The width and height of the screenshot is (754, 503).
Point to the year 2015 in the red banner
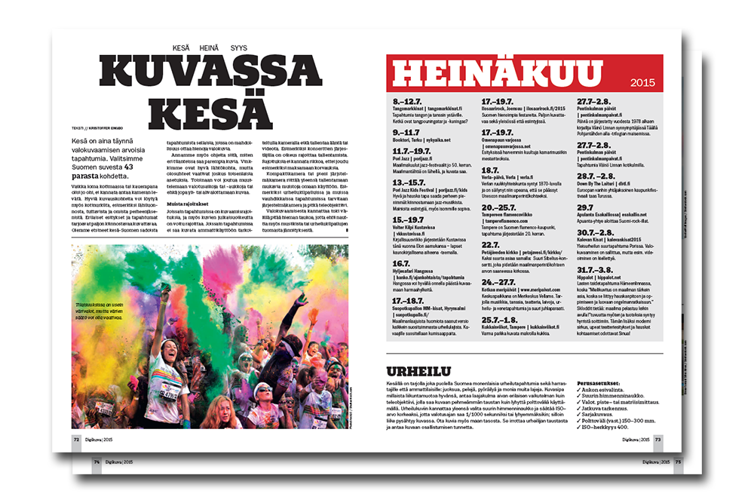tap(643, 83)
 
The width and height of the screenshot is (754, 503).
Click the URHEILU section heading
tap(419, 372)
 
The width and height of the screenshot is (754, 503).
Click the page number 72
tap(76, 437)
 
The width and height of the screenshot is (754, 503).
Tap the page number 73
tap(657, 438)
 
